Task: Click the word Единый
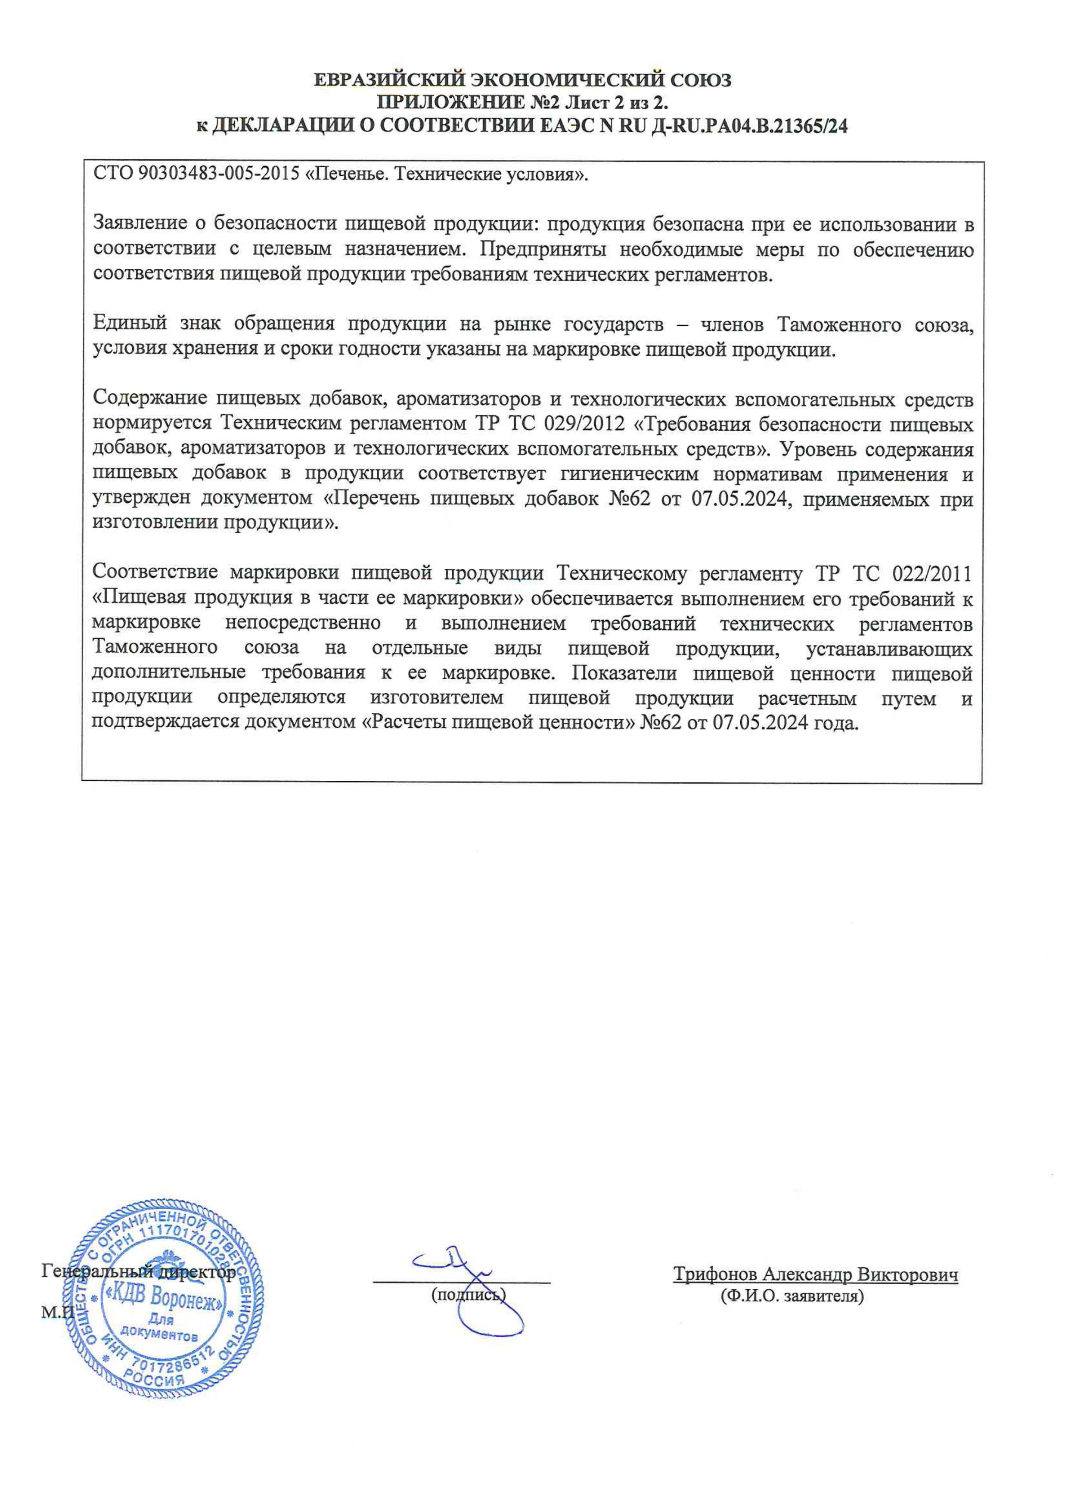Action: [130, 324]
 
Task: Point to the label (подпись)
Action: [468, 1295]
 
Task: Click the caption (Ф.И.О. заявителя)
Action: [792, 1296]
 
